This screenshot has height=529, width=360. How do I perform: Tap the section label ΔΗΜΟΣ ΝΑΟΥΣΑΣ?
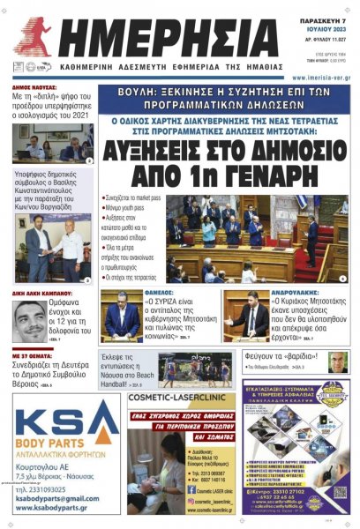34,88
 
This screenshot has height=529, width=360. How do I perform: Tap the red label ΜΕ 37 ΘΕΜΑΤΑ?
32,355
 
